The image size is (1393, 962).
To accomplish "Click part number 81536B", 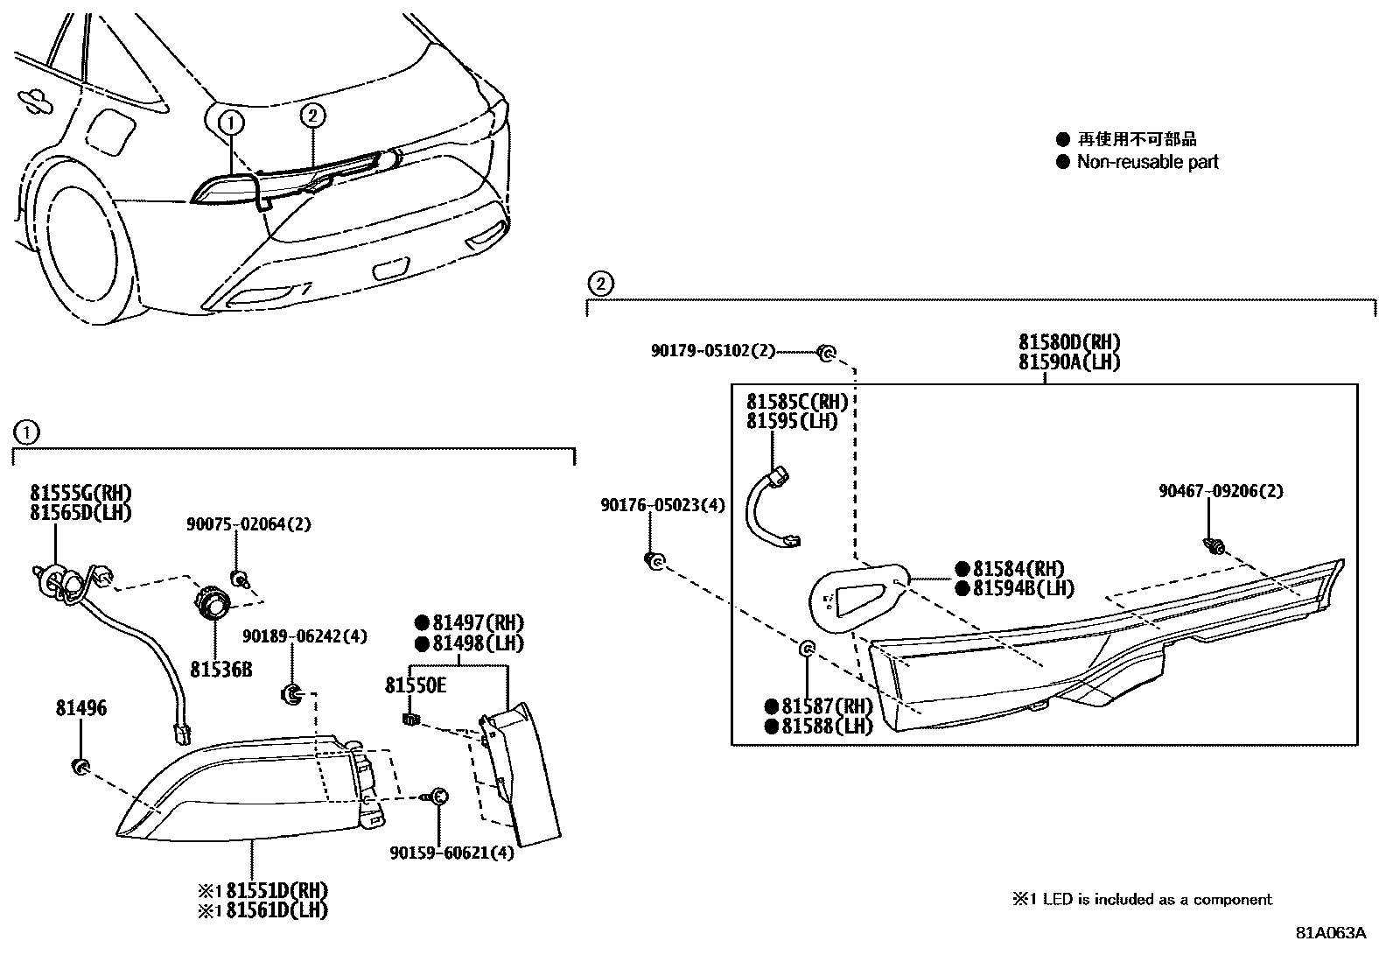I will tap(220, 669).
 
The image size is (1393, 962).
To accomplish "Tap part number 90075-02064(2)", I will tap(248, 524).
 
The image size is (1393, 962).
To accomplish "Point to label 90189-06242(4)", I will tap(304, 636).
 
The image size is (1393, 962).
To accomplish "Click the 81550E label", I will tap(416, 685).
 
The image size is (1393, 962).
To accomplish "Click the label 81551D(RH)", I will tap(276, 891).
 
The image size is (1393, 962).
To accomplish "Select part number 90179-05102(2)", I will tap(713, 350).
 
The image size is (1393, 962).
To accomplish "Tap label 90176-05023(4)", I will tap(662, 505).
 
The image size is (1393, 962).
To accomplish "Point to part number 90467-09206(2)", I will tap(1221, 491).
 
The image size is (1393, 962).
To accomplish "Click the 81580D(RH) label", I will tap(1068, 342).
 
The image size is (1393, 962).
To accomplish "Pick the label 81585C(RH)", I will tap(797, 402).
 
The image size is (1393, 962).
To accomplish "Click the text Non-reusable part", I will tap(1147, 162).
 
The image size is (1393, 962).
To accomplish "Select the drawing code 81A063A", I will tap(1330, 933).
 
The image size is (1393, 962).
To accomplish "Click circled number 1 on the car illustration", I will tap(231, 123).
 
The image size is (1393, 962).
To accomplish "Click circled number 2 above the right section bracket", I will tap(599, 284).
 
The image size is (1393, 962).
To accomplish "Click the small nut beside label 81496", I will tap(80, 768).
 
